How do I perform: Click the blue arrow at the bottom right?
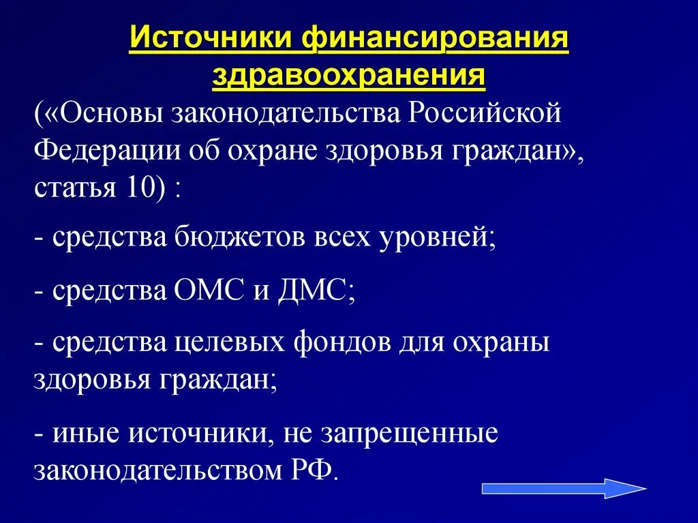tap(563, 488)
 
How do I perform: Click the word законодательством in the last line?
tap(153, 471)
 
